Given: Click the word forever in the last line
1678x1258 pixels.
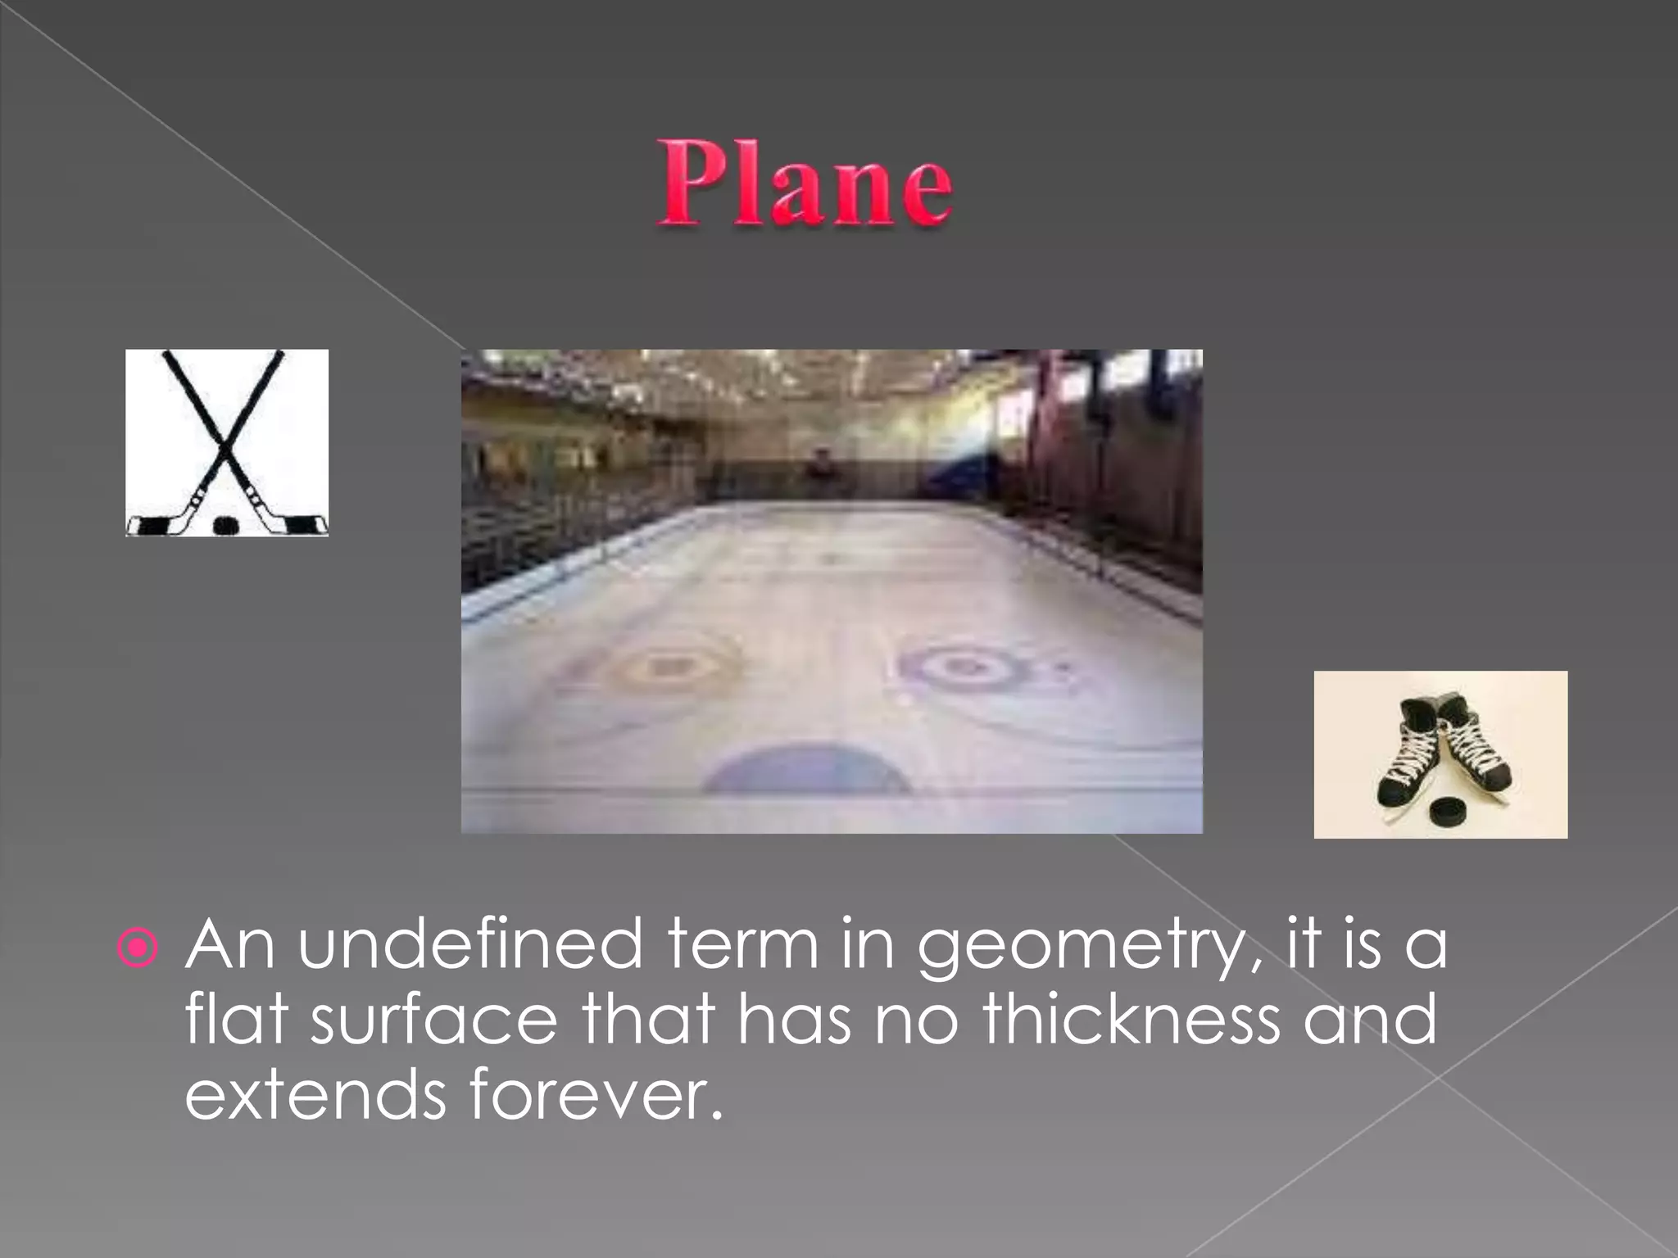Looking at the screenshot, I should (x=596, y=1095).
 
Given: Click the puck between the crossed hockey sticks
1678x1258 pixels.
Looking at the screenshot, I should (x=225, y=525).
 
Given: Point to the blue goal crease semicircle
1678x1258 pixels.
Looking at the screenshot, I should (x=807, y=770).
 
